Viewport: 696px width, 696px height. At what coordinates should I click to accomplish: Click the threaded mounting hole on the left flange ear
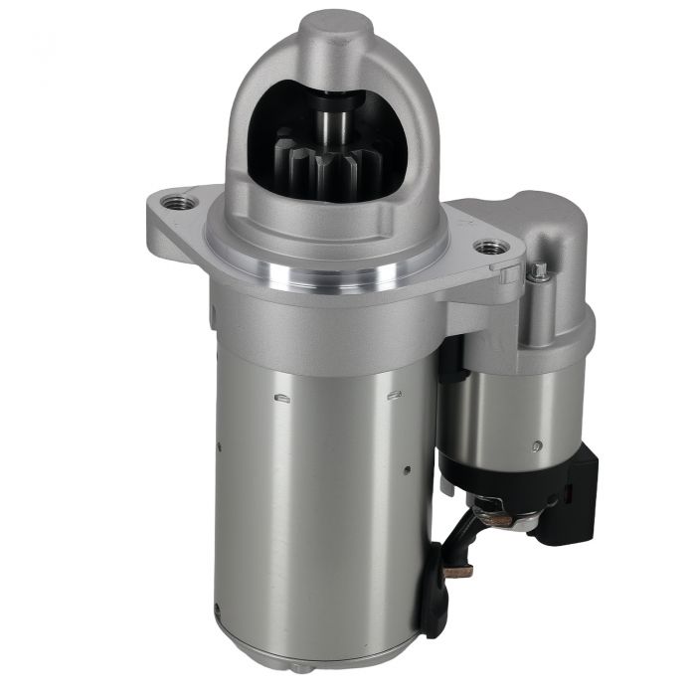(x=179, y=202)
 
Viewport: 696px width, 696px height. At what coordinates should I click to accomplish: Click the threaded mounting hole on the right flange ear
(x=488, y=246)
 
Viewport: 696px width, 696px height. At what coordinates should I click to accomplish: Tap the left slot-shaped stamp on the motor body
(x=281, y=399)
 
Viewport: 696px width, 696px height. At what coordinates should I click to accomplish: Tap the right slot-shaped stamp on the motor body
(x=394, y=395)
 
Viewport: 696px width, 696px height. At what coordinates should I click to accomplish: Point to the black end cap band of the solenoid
(x=497, y=477)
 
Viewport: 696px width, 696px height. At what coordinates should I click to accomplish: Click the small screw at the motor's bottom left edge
(x=217, y=608)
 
